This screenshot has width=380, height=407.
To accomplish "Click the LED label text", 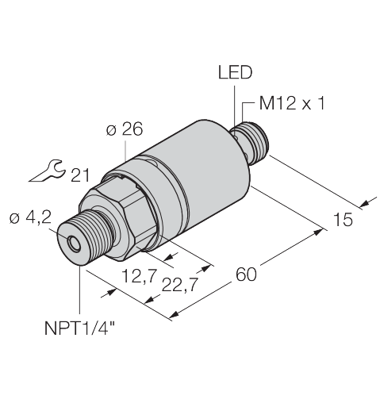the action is (x=235, y=72).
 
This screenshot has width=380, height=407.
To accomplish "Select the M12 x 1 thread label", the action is (x=291, y=103).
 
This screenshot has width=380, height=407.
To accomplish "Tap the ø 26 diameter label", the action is (x=125, y=129).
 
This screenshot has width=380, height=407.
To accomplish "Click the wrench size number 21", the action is (x=80, y=175).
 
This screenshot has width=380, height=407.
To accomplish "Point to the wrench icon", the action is (x=47, y=171).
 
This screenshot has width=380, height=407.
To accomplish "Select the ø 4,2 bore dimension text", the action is (x=30, y=218).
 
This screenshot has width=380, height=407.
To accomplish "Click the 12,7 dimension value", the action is (x=138, y=275).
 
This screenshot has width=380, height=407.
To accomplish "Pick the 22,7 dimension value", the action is (x=180, y=285).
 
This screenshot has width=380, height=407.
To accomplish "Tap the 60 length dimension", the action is (x=246, y=275).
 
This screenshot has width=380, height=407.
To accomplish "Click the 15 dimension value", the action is (x=343, y=219).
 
